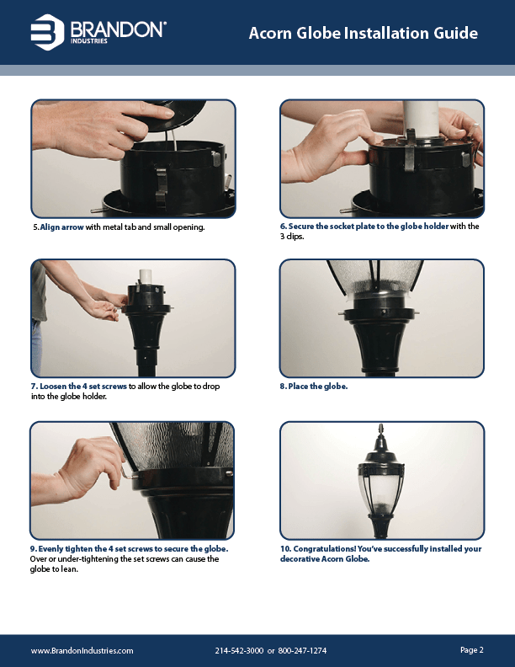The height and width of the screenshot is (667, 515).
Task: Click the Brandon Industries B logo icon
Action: (x=47, y=32)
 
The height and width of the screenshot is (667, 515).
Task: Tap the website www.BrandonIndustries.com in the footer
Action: (x=82, y=651)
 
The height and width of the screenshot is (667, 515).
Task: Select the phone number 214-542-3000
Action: (x=239, y=651)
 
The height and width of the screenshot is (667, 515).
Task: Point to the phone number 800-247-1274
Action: (x=302, y=651)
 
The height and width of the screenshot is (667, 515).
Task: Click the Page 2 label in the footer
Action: (x=471, y=650)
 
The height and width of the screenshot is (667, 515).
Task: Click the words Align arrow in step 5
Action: (x=61, y=227)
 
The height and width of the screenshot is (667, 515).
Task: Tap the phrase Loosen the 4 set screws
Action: (x=83, y=387)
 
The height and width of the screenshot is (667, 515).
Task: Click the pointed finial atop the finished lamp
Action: (x=381, y=429)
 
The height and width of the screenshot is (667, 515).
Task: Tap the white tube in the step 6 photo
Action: (x=417, y=119)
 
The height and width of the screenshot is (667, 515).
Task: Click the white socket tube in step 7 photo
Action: (x=146, y=275)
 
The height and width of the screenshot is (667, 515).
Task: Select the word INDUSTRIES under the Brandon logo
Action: (x=89, y=41)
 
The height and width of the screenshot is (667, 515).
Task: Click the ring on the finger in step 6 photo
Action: (x=476, y=126)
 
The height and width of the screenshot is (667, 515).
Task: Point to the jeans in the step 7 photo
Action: (x=36, y=348)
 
